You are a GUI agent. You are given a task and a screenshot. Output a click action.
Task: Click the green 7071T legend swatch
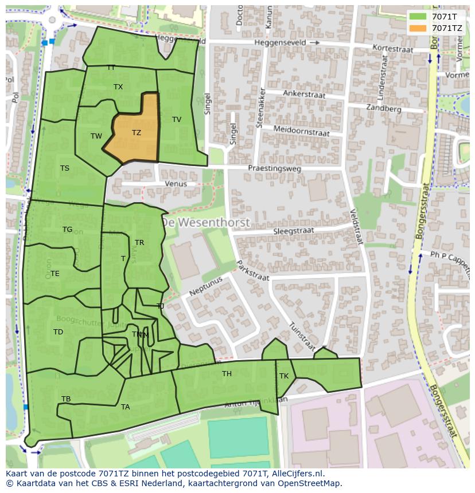[x=418, y=17]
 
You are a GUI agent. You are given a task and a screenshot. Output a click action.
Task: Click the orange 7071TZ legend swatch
[x=418, y=27]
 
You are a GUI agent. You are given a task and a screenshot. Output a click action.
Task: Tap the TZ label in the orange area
[x=137, y=133]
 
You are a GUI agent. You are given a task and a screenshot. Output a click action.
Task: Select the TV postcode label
[x=177, y=120]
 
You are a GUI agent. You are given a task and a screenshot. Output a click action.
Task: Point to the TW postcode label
[x=96, y=136]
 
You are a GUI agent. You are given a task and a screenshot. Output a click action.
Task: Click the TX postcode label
[x=118, y=87]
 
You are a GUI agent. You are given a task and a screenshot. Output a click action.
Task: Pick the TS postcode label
[x=65, y=168]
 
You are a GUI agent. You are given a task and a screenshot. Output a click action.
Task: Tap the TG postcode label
[x=68, y=230]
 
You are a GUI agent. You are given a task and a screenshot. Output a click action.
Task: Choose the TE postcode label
[x=55, y=274]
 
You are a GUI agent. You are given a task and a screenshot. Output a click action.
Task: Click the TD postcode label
[x=58, y=332]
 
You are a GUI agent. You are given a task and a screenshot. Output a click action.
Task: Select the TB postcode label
[x=66, y=399]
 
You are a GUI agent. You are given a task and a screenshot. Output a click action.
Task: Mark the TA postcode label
[x=126, y=407]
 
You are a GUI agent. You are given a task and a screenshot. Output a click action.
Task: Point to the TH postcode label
[x=227, y=374]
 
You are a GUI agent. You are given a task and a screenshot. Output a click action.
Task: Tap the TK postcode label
[x=284, y=376]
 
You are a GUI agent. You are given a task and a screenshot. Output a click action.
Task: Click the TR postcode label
[x=139, y=243]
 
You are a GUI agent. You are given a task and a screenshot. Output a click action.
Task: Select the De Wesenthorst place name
[x=205, y=222]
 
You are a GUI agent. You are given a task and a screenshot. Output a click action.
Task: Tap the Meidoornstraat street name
[x=301, y=131]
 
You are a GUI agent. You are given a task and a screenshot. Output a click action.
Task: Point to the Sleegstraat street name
[x=293, y=231]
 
